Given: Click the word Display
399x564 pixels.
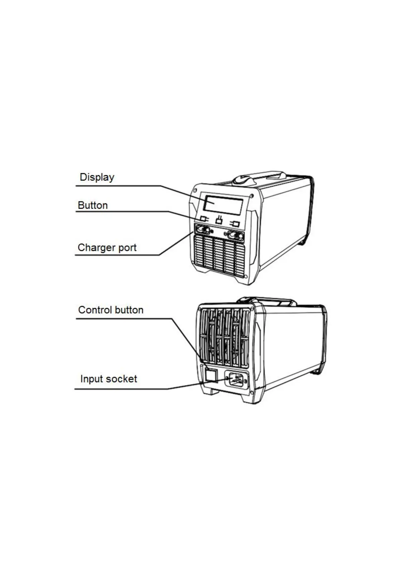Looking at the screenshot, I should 97,177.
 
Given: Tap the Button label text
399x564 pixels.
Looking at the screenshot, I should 93,205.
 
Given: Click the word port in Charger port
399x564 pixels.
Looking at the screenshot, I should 128,248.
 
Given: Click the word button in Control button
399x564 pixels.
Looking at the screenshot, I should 129,310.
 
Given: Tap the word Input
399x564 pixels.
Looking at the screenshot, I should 90,379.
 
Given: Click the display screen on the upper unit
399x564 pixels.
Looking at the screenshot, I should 223,204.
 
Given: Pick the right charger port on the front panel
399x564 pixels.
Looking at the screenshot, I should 236,235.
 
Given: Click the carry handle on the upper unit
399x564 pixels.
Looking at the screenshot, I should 260,178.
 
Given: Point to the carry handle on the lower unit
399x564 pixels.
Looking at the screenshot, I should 268,301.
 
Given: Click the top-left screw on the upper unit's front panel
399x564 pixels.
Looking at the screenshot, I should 195,191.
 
